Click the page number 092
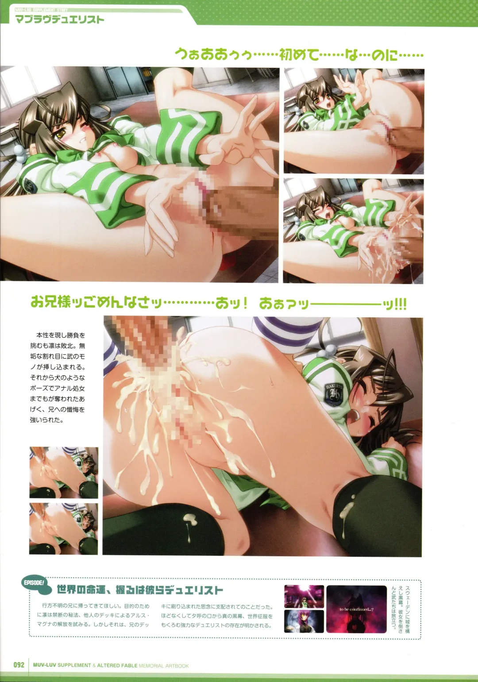tap(19, 665)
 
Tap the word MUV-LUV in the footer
tap(44, 665)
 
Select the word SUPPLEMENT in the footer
tap(74, 665)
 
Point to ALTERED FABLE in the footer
tap(117, 665)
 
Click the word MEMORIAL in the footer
tap(151, 665)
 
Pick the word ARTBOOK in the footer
tap(177, 665)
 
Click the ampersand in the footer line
tap(94, 665)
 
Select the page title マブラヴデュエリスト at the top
tap(60, 19)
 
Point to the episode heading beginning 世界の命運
tap(140, 590)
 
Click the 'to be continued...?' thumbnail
tap(356, 609)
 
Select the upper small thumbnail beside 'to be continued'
tap(304, 596)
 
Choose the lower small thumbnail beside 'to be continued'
tap(304, 621)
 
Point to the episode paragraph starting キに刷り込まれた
tap(217, 616)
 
